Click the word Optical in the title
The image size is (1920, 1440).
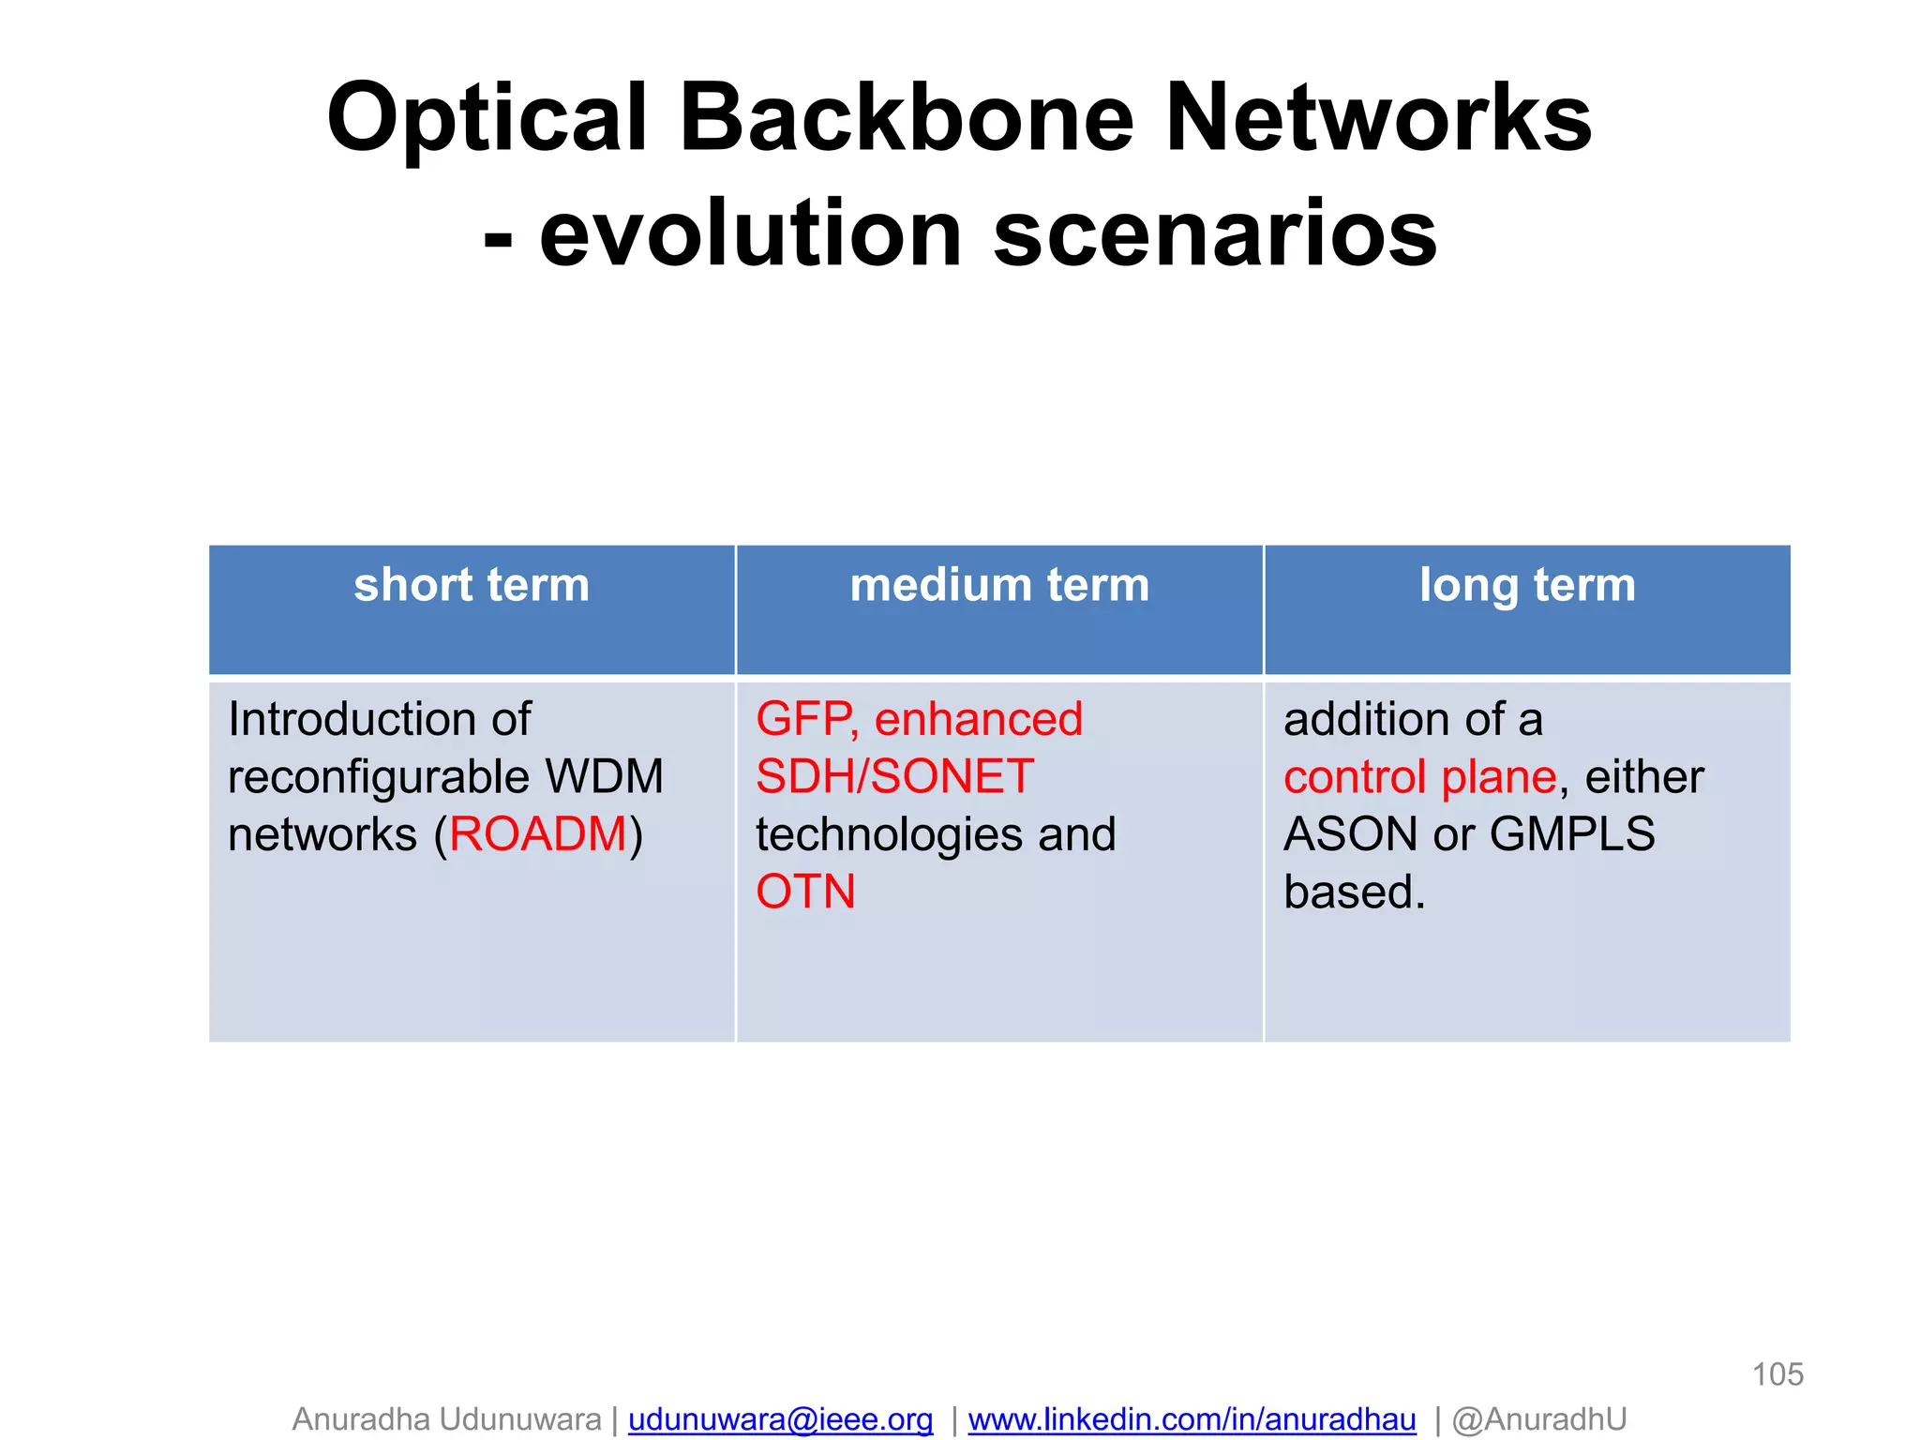(x=487, y=120)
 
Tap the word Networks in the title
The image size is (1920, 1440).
(x=1378, y=120)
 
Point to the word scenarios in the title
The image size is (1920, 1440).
(x=1215, y=234)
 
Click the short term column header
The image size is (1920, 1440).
(x=472, y=585)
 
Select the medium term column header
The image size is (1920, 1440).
(x=999, y=585)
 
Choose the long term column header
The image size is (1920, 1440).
(x=1527, y=585)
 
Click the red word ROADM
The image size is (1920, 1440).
(x=538, y=834)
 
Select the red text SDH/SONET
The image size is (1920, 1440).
(x=894, y=777)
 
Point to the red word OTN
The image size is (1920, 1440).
(x=805, y=892)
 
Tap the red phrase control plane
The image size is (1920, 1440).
(x=1419, y=777)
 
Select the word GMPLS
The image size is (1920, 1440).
(x=1572, y=834)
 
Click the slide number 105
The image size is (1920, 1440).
(x=1777, y=1374)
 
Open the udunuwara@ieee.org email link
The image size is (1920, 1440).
(x=780, y=1419)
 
